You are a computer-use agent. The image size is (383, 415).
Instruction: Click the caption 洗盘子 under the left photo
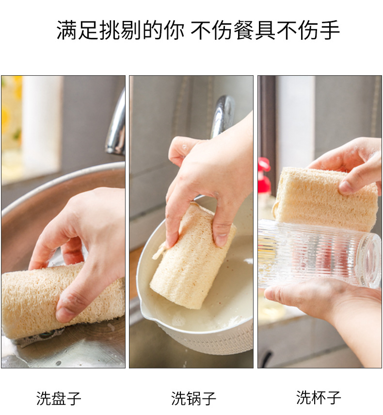coord(59,398)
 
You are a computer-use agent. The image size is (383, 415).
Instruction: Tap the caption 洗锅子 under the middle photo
coord(193,398)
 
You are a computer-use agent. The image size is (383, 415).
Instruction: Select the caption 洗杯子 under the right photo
coord(319,397)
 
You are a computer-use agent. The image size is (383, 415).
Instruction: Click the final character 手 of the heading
coord(330,30)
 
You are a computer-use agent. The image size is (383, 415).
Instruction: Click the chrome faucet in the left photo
coord(116,126)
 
